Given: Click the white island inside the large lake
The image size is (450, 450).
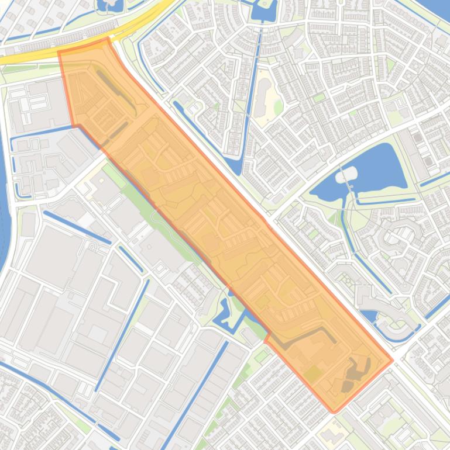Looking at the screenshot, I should [x=346, y=174].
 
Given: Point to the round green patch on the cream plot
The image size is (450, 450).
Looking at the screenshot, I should [x=279, y=107].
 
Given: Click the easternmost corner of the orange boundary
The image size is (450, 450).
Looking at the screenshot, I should [x=392, y=361].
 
